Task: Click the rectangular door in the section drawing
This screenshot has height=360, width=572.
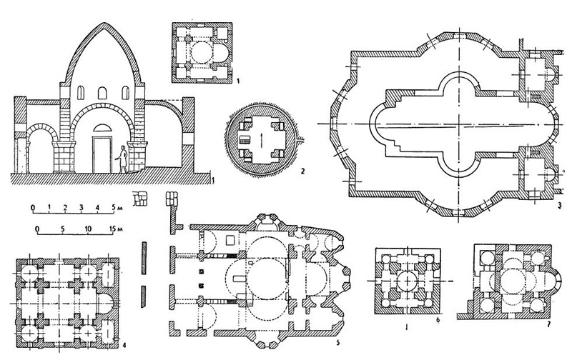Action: pyautogui.click(x=102, y=152)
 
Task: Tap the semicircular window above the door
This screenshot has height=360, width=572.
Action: pyautogui.click(x=102, y=126)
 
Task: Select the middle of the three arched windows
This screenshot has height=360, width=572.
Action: pyautogui.click(x=102, y=94)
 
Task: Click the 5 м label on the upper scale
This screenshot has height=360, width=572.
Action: pyautogui.click(x=117, y=208)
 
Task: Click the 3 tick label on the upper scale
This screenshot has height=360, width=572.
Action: pyautogui.click(x=81, y=208)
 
